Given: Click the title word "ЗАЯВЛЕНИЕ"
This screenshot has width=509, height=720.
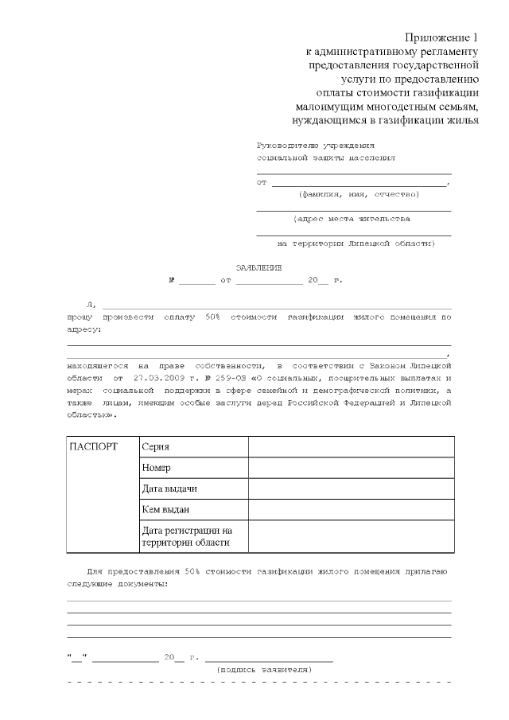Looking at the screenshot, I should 258,267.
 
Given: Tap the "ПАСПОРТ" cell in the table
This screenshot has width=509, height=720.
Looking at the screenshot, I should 94,446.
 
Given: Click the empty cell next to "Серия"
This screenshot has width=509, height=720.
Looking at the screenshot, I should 351,447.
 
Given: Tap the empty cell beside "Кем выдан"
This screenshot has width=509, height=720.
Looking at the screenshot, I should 351,509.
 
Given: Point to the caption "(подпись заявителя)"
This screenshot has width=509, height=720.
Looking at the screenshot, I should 264,669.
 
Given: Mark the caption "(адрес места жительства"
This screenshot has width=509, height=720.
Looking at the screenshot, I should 352,218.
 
